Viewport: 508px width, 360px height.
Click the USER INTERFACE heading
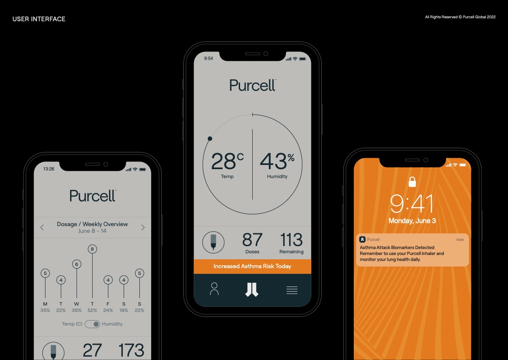pyautogui.click(x=39, y=19)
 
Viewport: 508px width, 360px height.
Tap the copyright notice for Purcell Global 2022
pyautogui.click(x=460, y=17)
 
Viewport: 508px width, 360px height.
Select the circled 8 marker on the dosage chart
pyautogui.click(x=92, y=249)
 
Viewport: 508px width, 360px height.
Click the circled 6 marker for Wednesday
pyautogui.click(x=76, y=264)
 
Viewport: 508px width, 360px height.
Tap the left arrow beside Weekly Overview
pyautogui.click(x=42, y=227)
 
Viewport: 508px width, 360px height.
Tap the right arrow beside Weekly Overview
pyautogui.click(x=143, y=227)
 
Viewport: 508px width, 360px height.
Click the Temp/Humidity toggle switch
pyautogui.click(x=92, y=324)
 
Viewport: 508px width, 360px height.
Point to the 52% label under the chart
pyautogui.click(x=92, y=310)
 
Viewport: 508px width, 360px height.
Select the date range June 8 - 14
pyautogui.click(x=92, y=231)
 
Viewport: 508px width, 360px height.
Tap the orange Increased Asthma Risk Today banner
pyautogui.click(x=252, y=266)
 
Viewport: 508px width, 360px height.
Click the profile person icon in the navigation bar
pyautogui.click(x=214, y=289)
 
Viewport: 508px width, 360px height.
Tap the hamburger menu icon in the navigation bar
pyautogui.click(x=292, y=290)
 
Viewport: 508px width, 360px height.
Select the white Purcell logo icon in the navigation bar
pyautogui.click(x=252, y=289)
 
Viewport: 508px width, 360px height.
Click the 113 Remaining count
pyautogui.click(x=291, y=240)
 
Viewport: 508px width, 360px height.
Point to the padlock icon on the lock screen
pyautogui.click(x=412, y=181)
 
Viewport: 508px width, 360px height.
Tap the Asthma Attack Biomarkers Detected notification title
pyautogui.click(x=397, y=247)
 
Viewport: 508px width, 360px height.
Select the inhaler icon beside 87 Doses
pyautogui.click(x=213, y=241)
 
